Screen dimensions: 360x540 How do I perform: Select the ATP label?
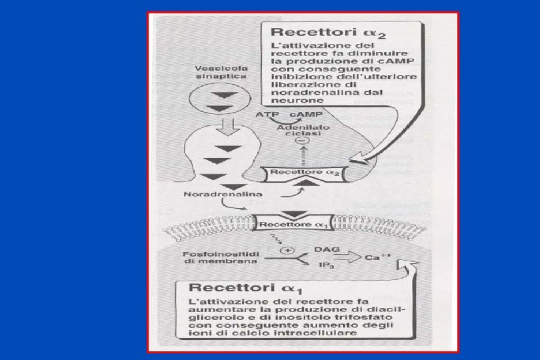pyautogui.click(x=265, y=115)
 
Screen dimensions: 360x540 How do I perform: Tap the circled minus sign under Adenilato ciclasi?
pyautogui.click(x=304, y=141)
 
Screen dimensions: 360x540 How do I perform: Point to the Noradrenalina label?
pyautogui.click(x=213, y=195)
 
